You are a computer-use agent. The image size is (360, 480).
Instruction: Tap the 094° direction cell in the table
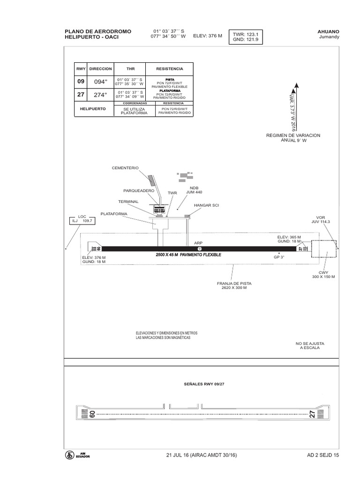(x=101, y=82)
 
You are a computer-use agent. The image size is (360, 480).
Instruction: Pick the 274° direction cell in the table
(x=101, y=94)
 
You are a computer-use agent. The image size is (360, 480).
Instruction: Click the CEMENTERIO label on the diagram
(x=125, y=167)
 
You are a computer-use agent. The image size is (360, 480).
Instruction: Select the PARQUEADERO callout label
(x=139, y=191)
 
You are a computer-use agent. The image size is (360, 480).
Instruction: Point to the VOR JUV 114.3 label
(x=321, y=219)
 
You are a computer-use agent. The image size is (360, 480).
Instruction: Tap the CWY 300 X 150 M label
(x=324, y=275)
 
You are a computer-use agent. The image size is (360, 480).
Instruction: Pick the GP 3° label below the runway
(x=279, y=257)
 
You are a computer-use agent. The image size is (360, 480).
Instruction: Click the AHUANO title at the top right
(x=329, y=31)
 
